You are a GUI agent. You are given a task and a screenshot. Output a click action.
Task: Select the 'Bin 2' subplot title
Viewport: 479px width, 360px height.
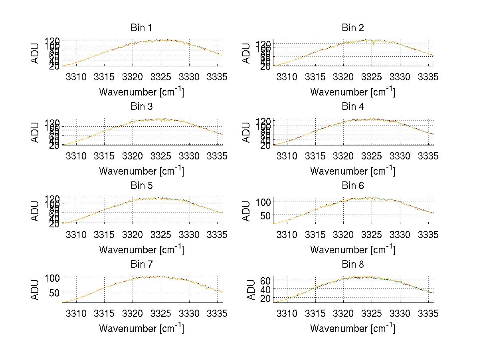pos(352,28)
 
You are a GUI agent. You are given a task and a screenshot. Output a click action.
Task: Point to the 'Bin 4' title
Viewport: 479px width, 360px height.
pos(352,107)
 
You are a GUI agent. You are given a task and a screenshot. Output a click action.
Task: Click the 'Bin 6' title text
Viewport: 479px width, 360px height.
pos(352,185)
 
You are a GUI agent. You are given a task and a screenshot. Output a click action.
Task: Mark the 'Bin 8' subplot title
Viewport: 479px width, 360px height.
pos(352,264)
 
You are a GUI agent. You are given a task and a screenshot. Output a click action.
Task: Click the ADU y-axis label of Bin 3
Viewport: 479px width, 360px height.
pos(35,132)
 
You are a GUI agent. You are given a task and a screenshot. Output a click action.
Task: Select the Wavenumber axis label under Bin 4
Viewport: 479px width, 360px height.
pos(352,171)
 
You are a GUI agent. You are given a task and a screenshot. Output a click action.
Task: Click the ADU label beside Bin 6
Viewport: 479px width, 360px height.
pos(246,211)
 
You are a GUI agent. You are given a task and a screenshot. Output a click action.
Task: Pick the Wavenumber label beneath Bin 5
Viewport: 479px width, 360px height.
pos(141,249)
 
